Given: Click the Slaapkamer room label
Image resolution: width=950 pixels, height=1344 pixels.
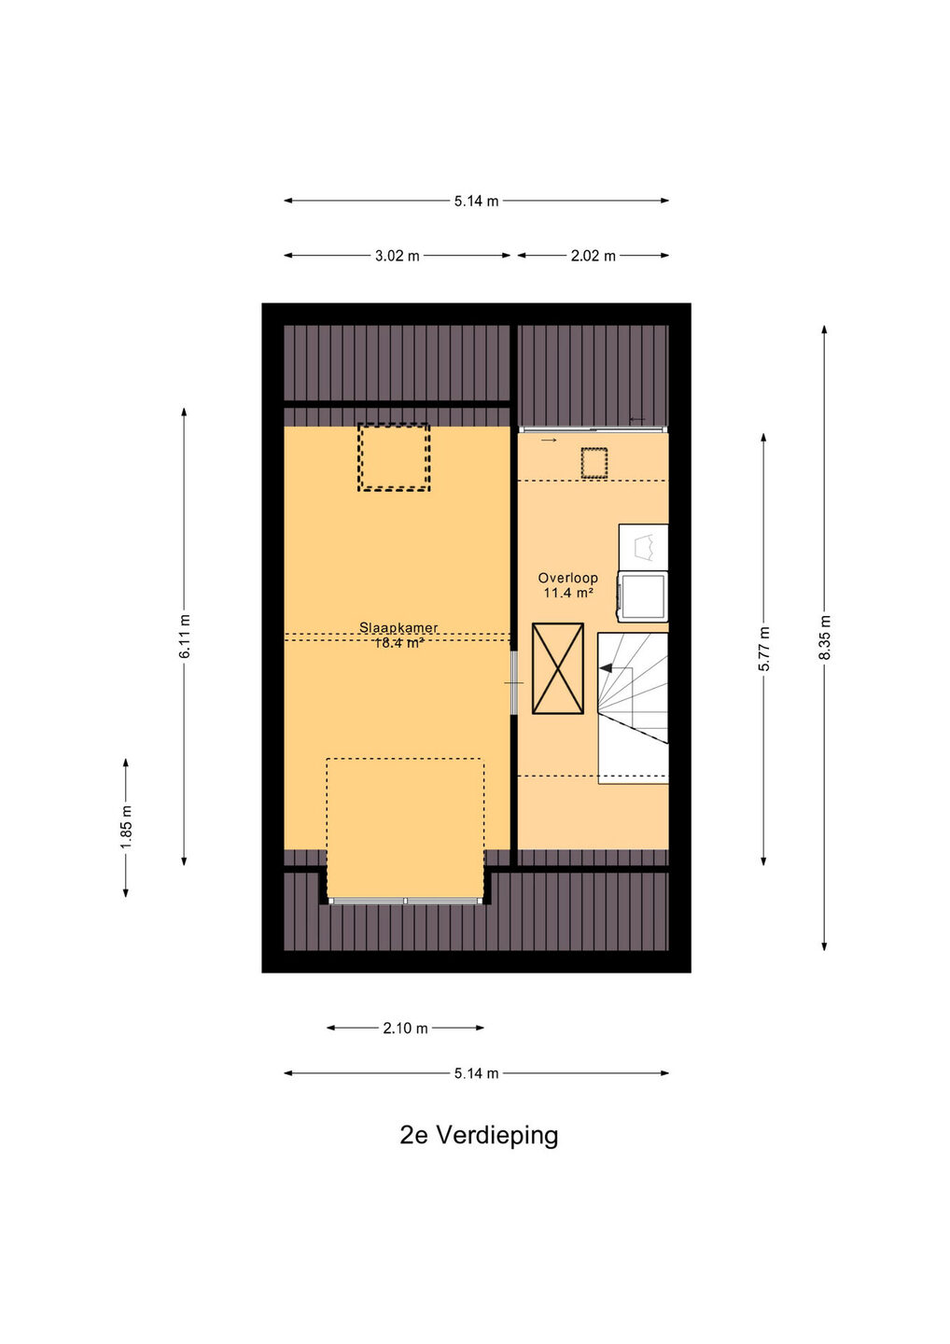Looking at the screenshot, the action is click(x=398, y=627).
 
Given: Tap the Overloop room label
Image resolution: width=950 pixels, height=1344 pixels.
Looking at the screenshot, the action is click(x=567, y=578).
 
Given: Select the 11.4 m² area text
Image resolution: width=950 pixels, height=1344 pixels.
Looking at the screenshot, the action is click(x=568, y=593).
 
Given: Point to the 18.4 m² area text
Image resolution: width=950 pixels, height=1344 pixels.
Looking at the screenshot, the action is click(x=398, y=644).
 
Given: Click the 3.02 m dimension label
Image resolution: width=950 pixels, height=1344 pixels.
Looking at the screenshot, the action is click(x=397, y=256).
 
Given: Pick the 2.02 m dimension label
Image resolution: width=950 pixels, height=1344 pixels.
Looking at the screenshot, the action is click(x=593, y=256).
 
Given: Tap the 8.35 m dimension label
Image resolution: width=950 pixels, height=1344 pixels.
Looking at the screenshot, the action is click(x=825, y=637).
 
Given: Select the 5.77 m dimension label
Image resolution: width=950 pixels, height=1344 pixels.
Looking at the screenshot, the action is click(x=763, y=650).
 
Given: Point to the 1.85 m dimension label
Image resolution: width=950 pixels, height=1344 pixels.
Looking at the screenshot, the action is click(x=126, y=827).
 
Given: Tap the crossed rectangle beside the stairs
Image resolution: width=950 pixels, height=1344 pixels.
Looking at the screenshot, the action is click(x=558, y=668).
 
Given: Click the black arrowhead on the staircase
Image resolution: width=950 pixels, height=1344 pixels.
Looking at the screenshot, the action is click(x=605, y=666).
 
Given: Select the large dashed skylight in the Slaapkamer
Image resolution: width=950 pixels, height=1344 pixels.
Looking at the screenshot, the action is click(x=394, y=457).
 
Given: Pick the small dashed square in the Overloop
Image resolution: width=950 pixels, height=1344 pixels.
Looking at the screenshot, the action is click(x=594, y=463).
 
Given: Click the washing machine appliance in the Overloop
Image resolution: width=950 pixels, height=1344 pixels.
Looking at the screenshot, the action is click(x=643, y=595).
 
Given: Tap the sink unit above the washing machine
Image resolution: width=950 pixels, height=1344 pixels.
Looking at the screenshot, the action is click(x=643, y=547).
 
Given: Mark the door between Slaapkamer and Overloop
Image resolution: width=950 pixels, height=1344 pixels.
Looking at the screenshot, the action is click(x=514, y=683).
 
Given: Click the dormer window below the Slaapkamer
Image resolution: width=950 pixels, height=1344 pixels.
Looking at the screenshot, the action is click(x=405, y=901).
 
